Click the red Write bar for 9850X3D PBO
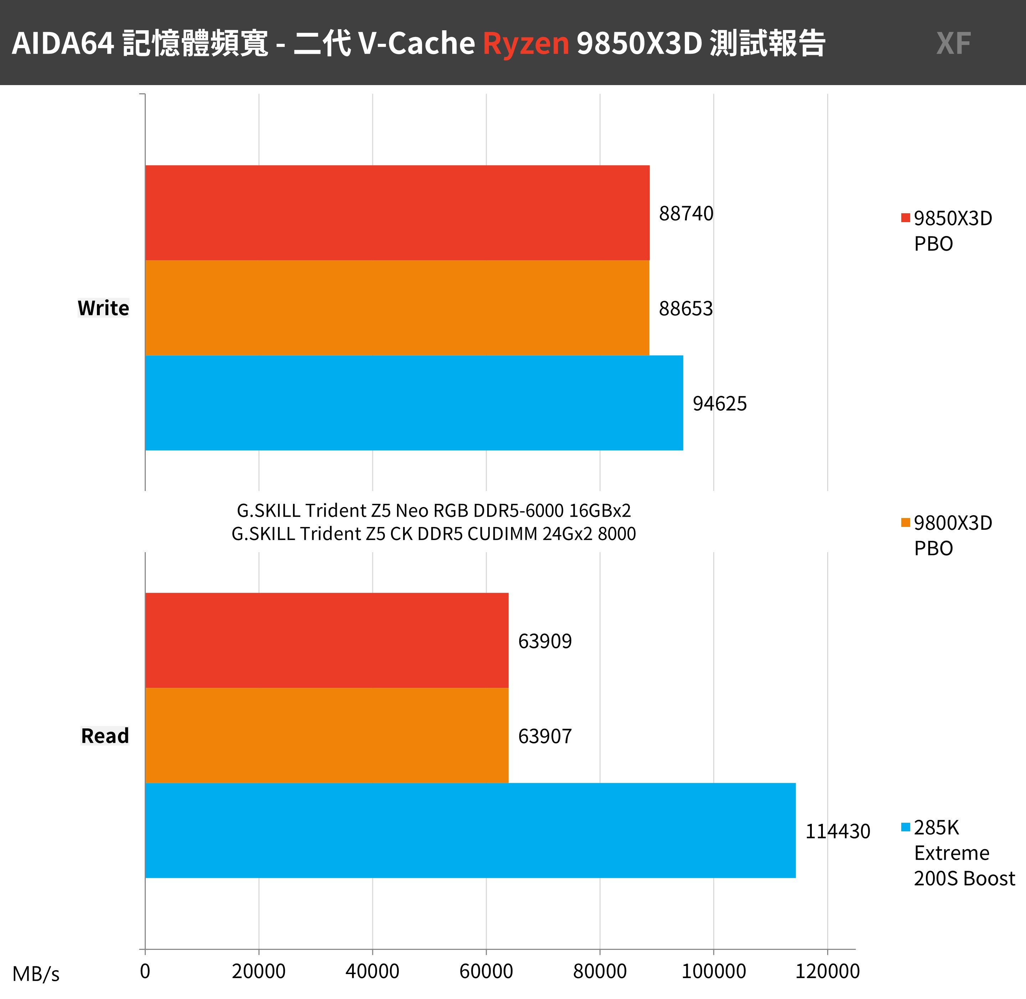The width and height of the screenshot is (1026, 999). coord(397,213)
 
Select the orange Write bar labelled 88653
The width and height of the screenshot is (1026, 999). coord(397,308)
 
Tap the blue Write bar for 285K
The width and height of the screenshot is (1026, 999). coord(414,403)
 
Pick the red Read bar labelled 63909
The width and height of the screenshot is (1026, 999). coord(326,640)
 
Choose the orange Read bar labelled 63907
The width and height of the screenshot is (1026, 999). coord(326,736)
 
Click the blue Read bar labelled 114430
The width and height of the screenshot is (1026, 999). coord(470,831)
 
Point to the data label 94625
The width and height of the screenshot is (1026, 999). coord(720,403)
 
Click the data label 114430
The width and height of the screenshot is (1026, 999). coord(837,831)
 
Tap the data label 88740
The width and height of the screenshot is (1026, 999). coord(686,214)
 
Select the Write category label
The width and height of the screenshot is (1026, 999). coord(103,308)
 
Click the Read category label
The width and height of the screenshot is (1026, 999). coord(105,736)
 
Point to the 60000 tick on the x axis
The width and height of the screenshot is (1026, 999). coord(486,971)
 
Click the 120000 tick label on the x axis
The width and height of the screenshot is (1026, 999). coord(827,971)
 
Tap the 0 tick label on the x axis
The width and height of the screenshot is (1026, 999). coord(145,971)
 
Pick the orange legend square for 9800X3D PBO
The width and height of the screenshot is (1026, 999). coord(905,522)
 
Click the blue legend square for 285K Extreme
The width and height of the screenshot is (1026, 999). coord(905,827)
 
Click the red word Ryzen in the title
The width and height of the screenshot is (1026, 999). coord(526,43)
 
